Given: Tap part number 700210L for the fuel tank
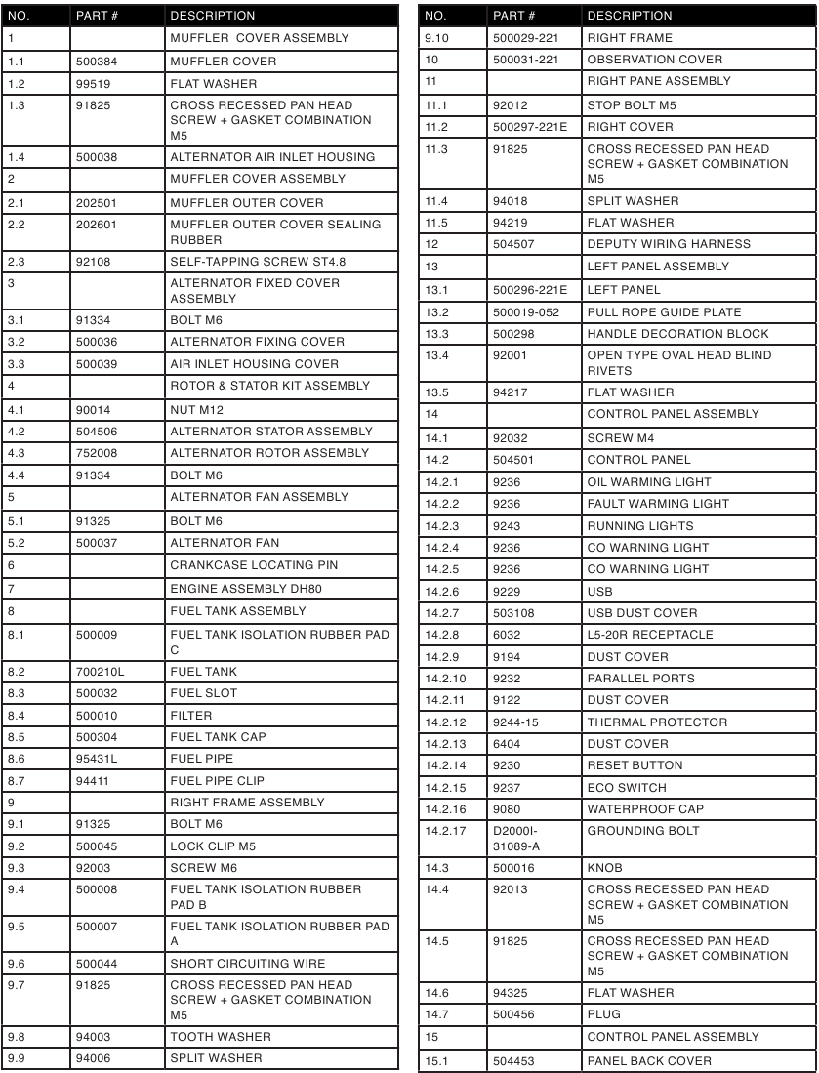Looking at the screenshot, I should click(x=98, y=672).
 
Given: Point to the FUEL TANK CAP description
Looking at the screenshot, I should click(x=218, y=737).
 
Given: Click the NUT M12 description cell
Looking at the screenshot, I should click(x=197, y=409).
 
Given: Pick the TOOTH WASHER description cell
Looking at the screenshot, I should click(x=221, y=1037).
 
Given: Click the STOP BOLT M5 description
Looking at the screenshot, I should click(x=631, y=104).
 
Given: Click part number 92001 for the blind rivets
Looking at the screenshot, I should click(x=512, y=355).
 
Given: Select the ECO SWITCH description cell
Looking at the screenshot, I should click(x=627, y=788).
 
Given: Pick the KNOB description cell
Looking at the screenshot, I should click(x=606, y=866).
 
